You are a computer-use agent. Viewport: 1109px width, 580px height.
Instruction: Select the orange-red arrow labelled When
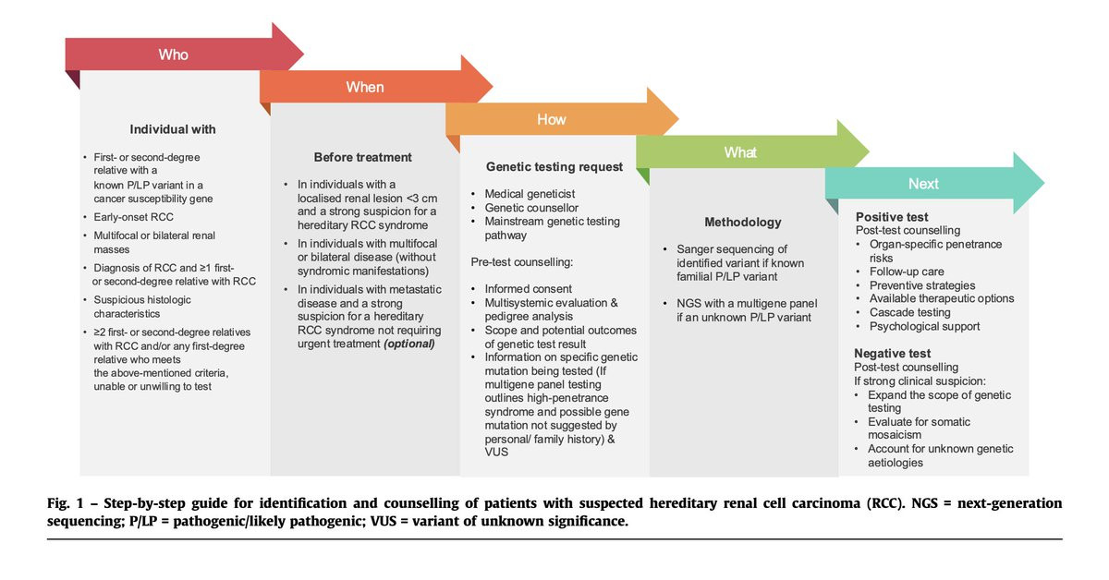(365, 87)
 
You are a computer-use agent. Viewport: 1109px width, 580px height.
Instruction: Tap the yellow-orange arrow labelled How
(552, 119)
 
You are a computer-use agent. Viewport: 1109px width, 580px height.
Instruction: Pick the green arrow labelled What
(740, 152)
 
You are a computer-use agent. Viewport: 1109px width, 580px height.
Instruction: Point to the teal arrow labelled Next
(923, 184)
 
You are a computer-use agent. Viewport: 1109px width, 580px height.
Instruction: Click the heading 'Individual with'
(173, 129)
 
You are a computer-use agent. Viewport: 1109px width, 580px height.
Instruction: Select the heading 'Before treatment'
(363, 157)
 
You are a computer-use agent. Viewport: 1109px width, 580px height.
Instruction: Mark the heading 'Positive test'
(892, 216)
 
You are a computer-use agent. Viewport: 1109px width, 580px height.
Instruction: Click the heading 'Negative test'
(893, 354)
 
